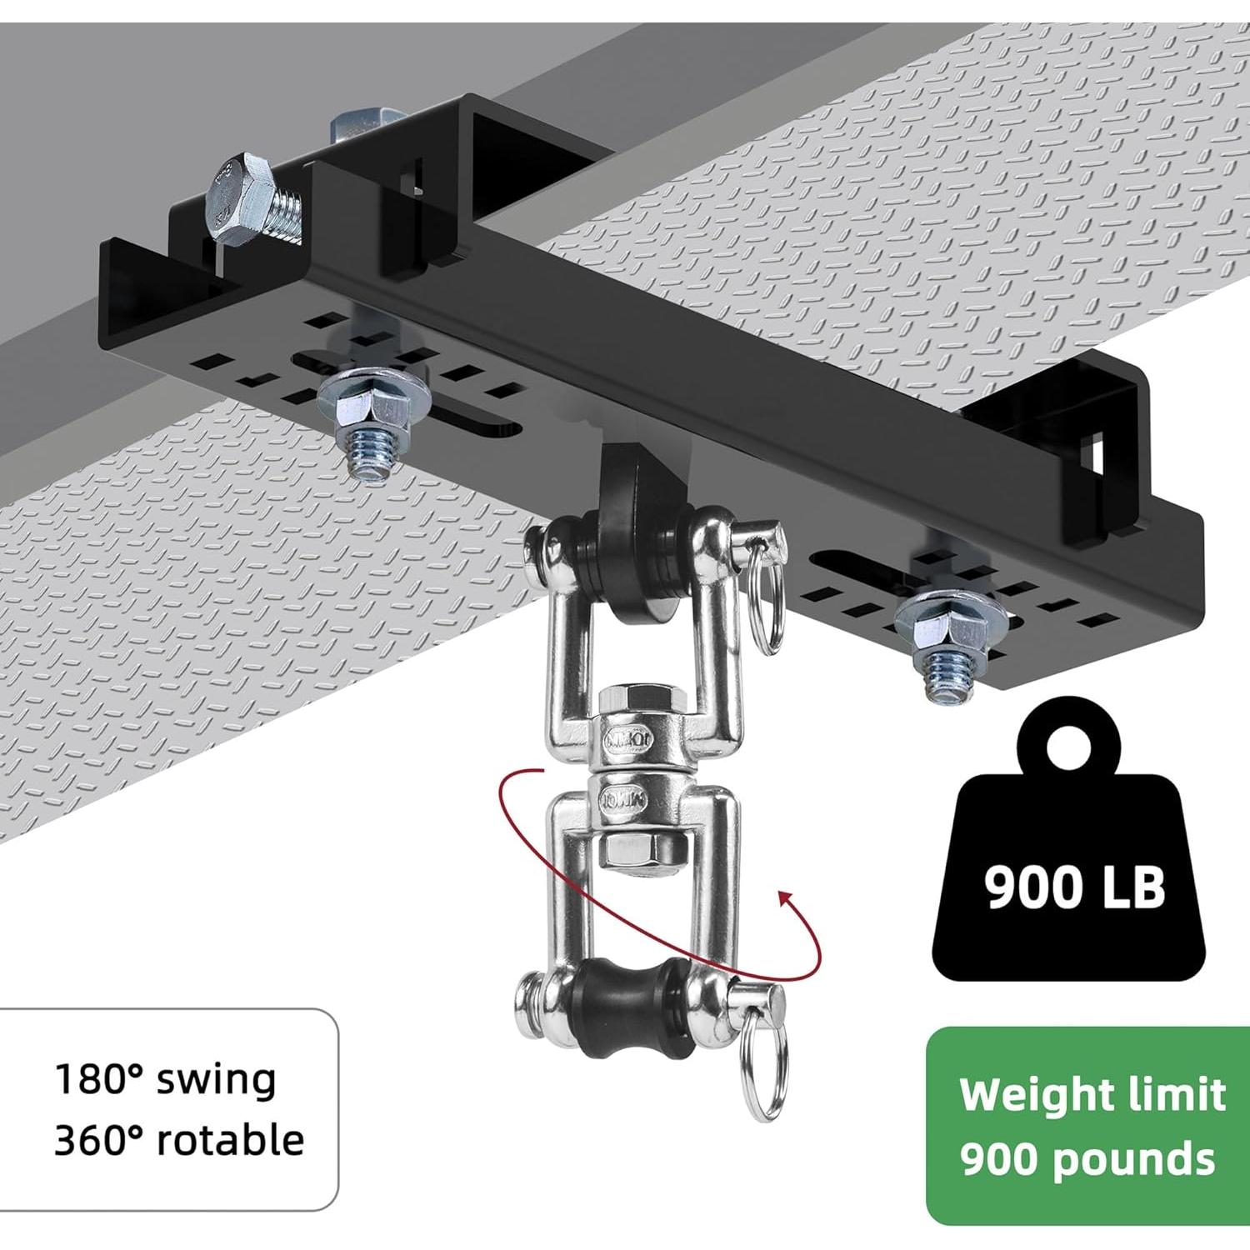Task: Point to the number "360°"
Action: [x=98, y=1139]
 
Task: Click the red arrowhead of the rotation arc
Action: [x=785, y=902]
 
